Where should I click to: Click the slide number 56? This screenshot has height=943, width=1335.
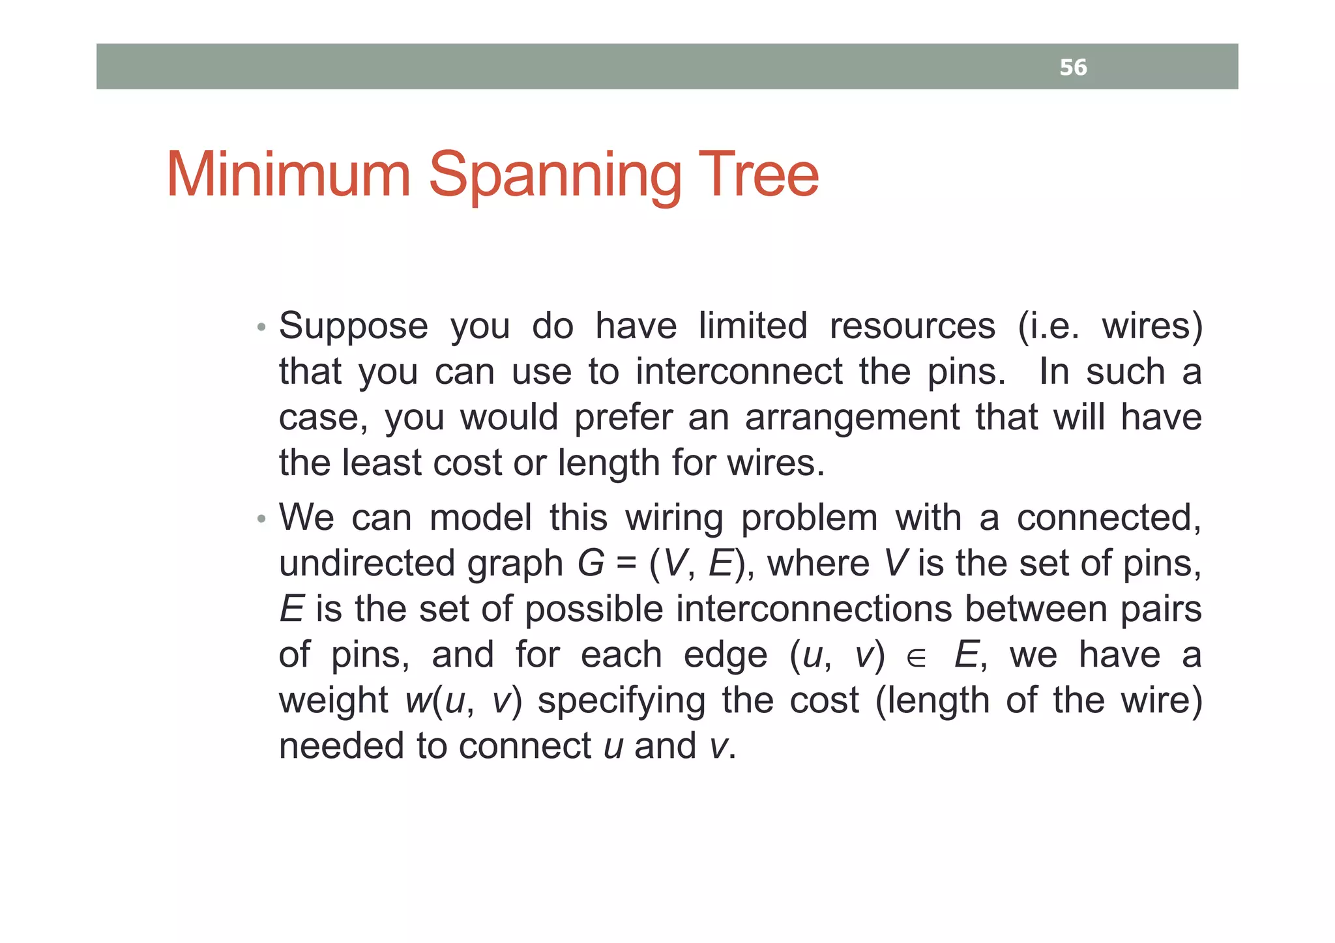(x=1073, y=68)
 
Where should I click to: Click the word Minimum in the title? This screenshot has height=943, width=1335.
(x=288, y=175)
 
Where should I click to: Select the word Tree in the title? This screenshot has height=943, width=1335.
(x=758, y=175)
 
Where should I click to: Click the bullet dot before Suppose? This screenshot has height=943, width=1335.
(x=261, y=327)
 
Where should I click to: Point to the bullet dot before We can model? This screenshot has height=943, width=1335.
(x=261, y=519)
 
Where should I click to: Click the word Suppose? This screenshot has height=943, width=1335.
(x=353, y=327)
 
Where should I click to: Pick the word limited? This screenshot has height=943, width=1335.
(x=753, y=326)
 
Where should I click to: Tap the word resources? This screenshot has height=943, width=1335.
(x=912, y=326)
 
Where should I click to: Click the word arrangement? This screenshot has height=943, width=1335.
(x=852, y=418)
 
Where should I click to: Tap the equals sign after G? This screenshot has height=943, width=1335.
(x=626, y=564)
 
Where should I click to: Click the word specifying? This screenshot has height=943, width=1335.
(x=621, y=702)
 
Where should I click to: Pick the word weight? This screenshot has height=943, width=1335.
(x=333, y=702)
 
